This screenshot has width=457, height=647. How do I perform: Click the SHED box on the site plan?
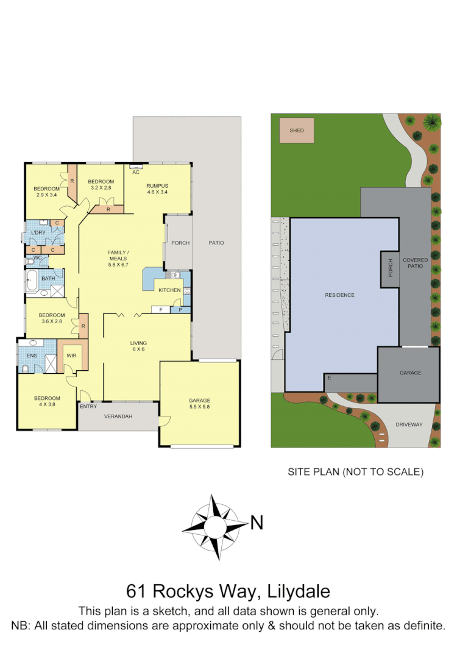pyautogui.click(x=297, y=130)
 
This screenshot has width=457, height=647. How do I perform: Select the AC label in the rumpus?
pyautogui.click(x=136, y=172)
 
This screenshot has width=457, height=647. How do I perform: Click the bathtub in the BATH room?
pyautogui.click(x=32, y=282)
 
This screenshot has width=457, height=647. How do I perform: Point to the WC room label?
pyautogui.click(x=37, y=257)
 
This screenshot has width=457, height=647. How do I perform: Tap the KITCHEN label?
pyautogui.click(x=169, y=290)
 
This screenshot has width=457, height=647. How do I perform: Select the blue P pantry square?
pyautogui.click(x=180, y=310)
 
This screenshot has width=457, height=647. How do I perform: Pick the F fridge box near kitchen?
pyautogui.click(x=160, y=310)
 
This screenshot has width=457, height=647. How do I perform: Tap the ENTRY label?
pyautogui.click(x=88, y=406)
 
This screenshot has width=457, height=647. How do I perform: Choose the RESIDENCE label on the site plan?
pyautogui.click(x=339, y=295)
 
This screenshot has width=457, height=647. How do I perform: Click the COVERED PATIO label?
pyautogui.click(x=416, y=263)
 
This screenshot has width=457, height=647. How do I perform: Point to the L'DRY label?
pyautogui.click(x=38, y=233)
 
